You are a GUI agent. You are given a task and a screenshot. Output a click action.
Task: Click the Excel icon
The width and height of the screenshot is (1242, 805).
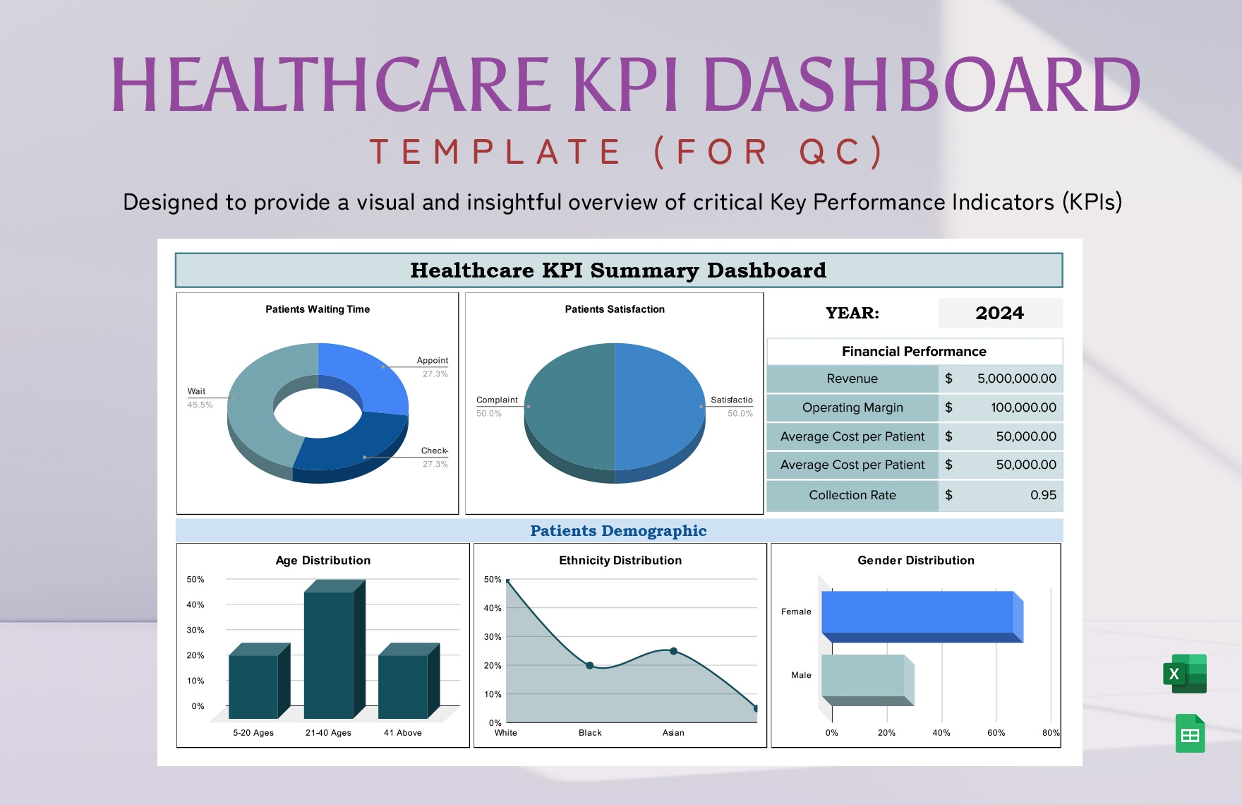(1185, 674)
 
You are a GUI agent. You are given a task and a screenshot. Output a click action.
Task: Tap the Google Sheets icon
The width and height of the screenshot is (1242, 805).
(1190, 734)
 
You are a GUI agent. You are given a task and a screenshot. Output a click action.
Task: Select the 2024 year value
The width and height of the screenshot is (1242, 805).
(999, 313)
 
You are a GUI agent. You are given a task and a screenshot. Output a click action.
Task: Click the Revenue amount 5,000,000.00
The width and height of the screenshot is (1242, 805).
(1016, 378)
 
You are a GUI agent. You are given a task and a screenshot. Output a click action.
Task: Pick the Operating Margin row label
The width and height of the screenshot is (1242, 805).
(852, 407)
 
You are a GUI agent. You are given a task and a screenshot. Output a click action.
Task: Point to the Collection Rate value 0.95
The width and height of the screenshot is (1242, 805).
(1043, 495)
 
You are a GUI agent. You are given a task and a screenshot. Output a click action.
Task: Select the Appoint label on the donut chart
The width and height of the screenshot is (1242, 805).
(432, 360)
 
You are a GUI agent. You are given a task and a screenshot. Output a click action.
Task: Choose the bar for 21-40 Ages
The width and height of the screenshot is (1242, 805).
(329, 653)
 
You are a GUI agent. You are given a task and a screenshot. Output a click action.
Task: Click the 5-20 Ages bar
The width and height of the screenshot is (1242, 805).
(253, 686)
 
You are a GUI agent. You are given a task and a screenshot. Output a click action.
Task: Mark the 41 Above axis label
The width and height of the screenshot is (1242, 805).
(402, 733)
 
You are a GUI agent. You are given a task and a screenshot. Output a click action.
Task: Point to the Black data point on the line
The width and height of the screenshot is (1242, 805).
(590, 665)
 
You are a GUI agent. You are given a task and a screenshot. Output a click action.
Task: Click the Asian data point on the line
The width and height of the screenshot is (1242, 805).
(673, 651)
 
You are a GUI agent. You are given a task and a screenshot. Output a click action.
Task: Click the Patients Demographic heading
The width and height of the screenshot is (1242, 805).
(618, 531)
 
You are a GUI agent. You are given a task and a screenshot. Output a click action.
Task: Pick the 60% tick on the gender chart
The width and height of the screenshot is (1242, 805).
(996, 733)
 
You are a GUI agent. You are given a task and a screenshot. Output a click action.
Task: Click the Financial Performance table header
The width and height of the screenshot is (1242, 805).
(914, 352)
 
